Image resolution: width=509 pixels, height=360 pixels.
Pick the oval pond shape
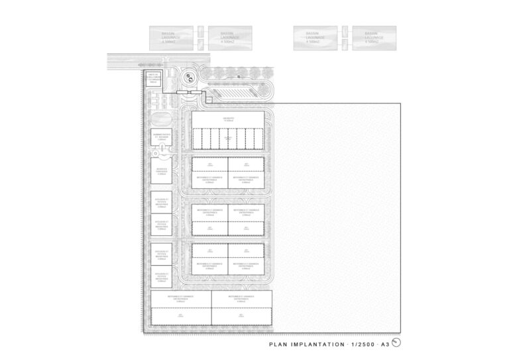[160, 118]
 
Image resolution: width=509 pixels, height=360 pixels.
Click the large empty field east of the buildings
[338, 219]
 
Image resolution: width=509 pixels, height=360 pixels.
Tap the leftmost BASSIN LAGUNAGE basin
[174, 38]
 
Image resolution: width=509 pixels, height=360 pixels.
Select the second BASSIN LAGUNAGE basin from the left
[229, 38]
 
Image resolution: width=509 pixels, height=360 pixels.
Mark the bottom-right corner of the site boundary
[400, 331]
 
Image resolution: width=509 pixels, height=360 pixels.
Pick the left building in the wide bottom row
[181, 308]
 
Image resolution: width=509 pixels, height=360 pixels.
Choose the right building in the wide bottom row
[242, 308]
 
